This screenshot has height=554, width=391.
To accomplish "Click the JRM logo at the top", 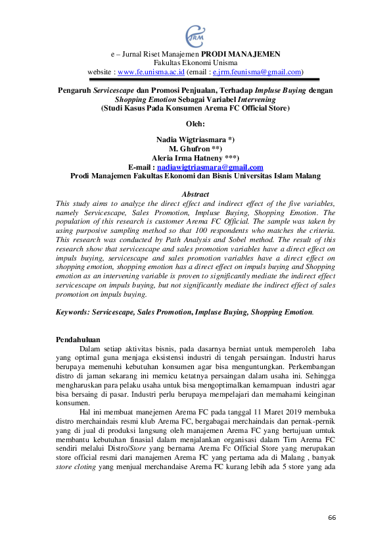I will pyautogui.click(x=195, y=32).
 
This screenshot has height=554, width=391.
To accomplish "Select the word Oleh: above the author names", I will pyautogui.click(x=195, y=123).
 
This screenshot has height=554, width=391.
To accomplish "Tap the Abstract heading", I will pyautogui.click(x=195, y=194).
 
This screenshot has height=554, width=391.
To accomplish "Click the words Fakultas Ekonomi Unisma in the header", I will pyautogui.click(x=195, y=63).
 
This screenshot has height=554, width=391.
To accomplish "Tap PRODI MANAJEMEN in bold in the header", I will pyautogui.click(x=241, y=53).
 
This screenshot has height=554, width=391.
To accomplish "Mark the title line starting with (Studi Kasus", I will pyautogui.click(x=195, y=107).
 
